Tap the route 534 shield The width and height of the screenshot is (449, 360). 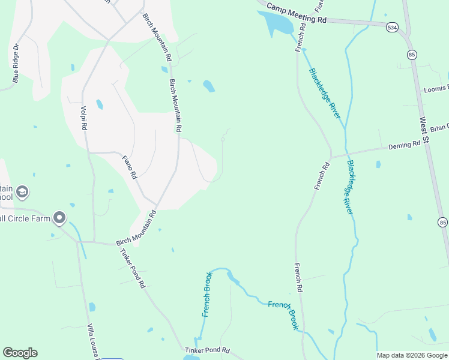(x=392, y=27)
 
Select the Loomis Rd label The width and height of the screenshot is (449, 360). (x=436, y=89)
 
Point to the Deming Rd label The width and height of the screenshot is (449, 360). (x=404, y=145)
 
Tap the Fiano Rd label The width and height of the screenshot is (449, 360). (x=130, y=168)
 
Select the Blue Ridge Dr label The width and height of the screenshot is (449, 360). (x=16, y=62)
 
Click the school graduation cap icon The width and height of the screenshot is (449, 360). (x=22, y=193)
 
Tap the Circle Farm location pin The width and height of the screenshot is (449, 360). (x=59, y=218)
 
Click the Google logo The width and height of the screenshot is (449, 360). (x=20, y=353)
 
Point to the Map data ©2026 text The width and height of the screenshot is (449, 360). (x=411, y=355)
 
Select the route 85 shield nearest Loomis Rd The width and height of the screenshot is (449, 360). (x=412, y=55)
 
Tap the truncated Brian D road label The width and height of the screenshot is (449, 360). (x=439, y=128)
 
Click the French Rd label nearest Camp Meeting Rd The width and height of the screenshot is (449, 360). (x=300, y=37)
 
